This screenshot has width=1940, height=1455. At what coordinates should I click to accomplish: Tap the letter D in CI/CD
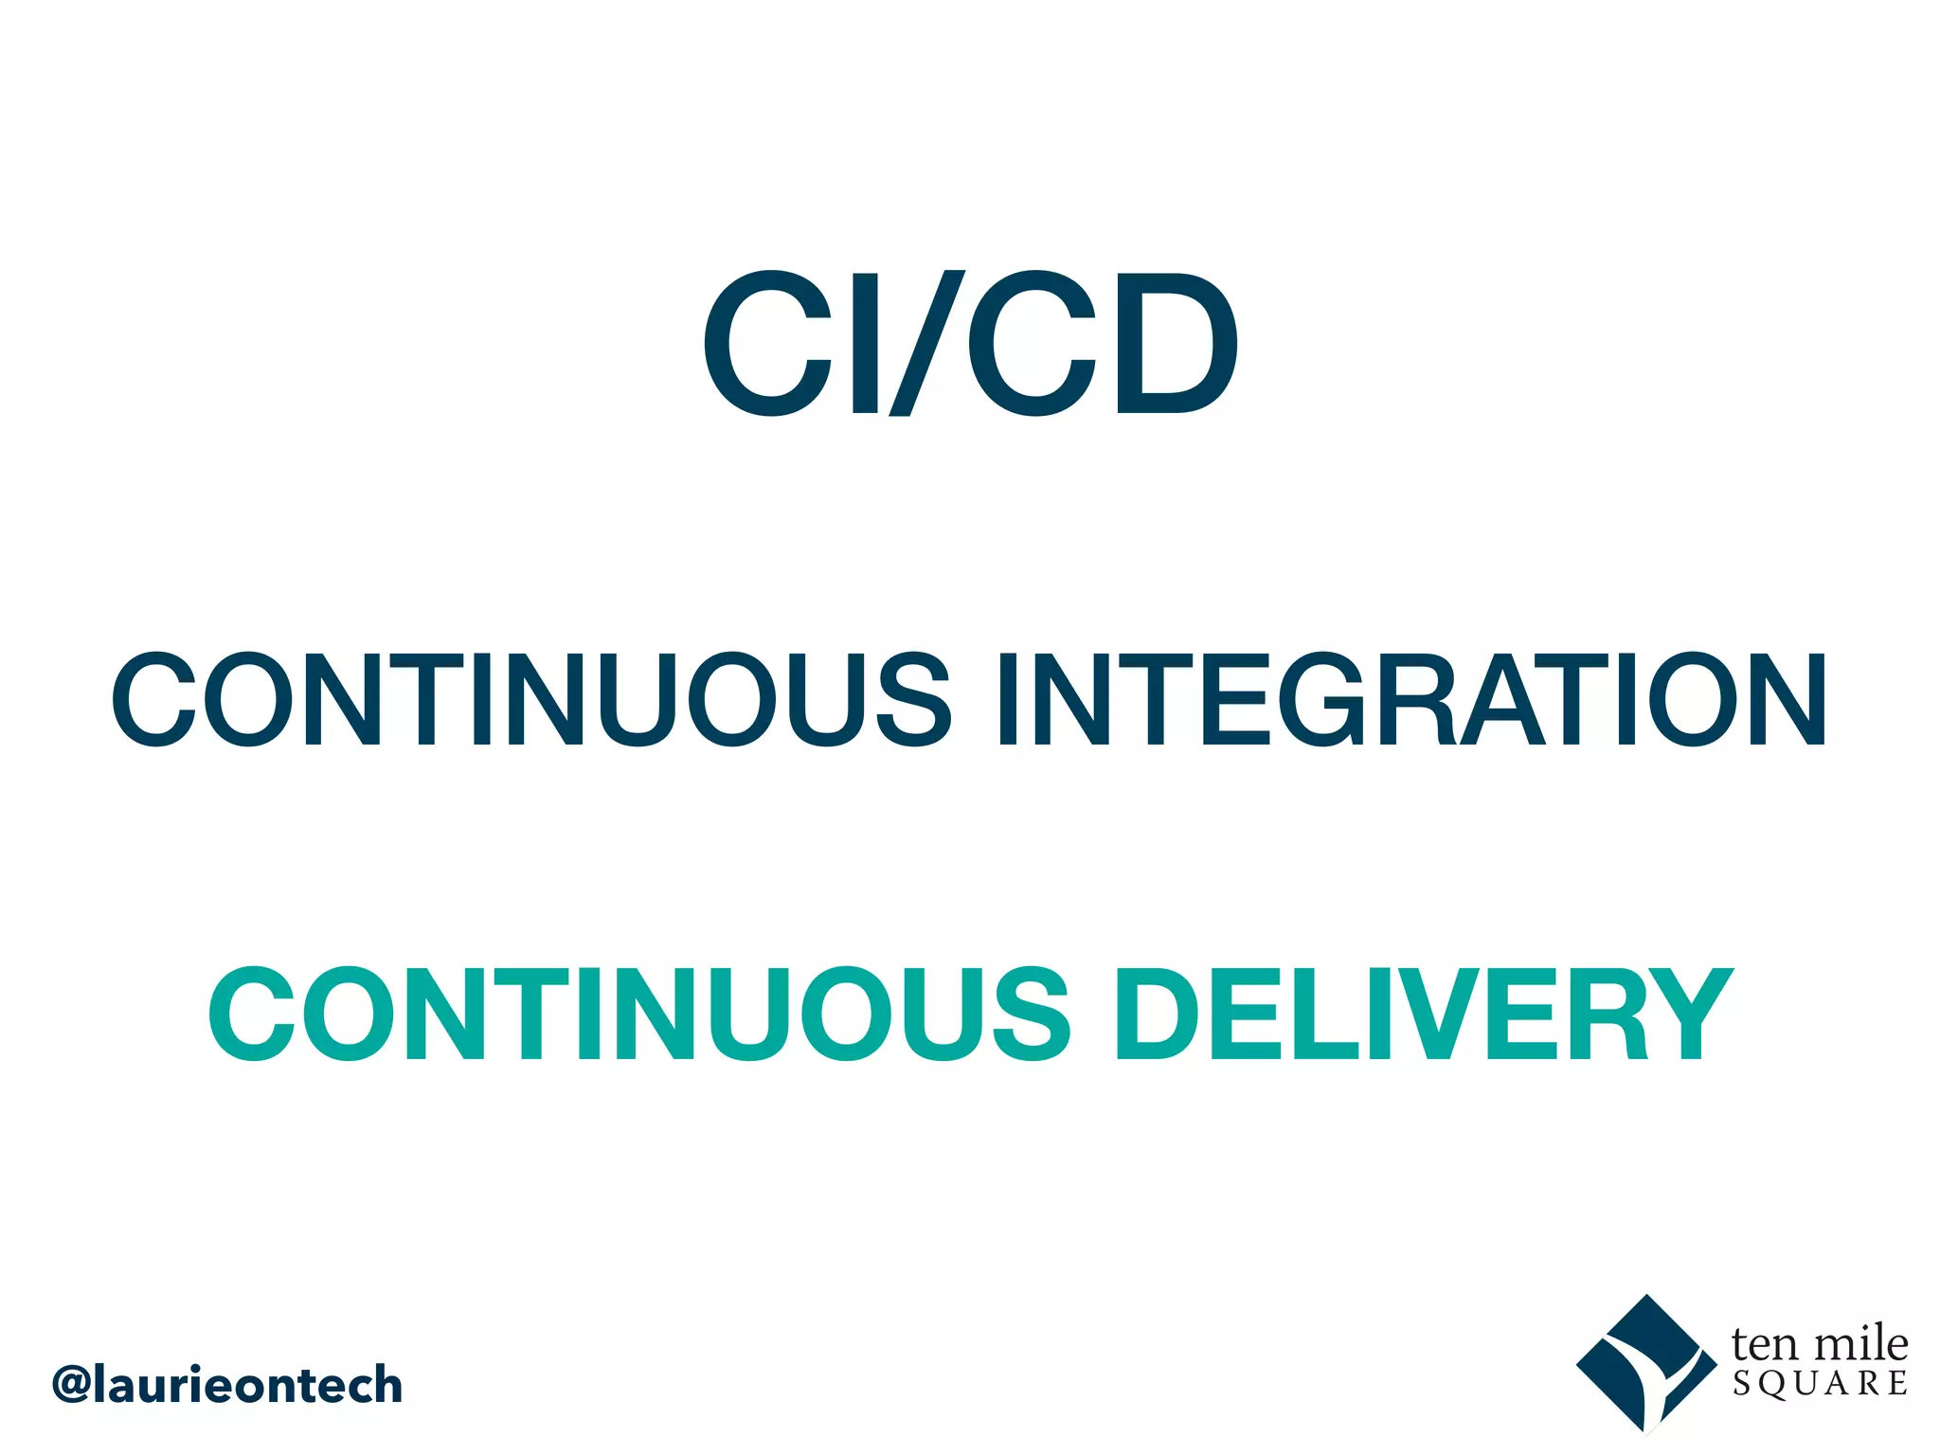1176,343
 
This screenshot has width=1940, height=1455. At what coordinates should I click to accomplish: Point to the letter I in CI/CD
865,343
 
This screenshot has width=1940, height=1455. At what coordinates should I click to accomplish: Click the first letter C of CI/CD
765,343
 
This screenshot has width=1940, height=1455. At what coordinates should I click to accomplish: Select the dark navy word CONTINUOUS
530,699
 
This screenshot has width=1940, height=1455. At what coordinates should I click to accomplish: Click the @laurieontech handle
227,1385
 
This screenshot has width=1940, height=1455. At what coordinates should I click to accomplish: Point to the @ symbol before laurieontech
72,1386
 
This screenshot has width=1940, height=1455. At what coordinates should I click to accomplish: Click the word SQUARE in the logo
1820,1384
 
